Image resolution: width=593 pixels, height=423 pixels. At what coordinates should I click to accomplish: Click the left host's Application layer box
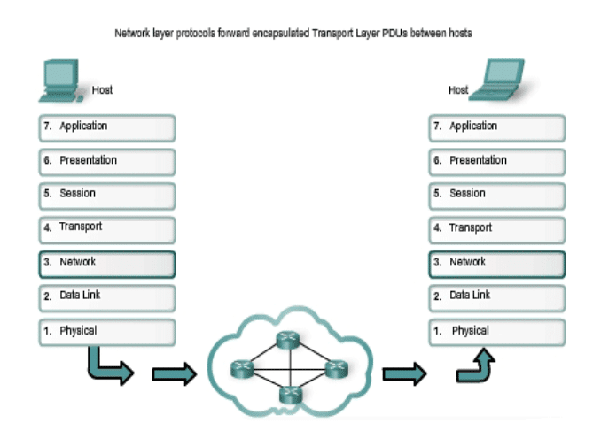point(106,127)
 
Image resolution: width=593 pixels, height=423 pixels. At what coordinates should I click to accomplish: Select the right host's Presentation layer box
point(496,162)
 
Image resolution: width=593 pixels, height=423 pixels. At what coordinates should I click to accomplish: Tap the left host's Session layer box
point(106,195)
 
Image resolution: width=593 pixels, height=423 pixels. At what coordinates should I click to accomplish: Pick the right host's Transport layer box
point(496,229)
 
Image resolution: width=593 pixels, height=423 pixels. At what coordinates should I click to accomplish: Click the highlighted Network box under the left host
point(106,264)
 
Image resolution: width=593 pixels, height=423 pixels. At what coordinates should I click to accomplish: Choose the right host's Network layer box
point(496,264)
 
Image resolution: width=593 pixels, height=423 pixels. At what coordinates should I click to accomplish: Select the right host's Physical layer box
point(496,332)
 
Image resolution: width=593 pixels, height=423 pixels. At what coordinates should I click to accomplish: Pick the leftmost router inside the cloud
point(240,367)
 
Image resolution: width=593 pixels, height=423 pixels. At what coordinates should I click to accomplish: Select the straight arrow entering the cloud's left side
point(174,374)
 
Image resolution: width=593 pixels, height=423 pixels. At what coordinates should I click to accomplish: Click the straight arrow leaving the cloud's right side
point(403,374)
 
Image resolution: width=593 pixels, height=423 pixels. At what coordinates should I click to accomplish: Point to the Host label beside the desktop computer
point(102,90)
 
